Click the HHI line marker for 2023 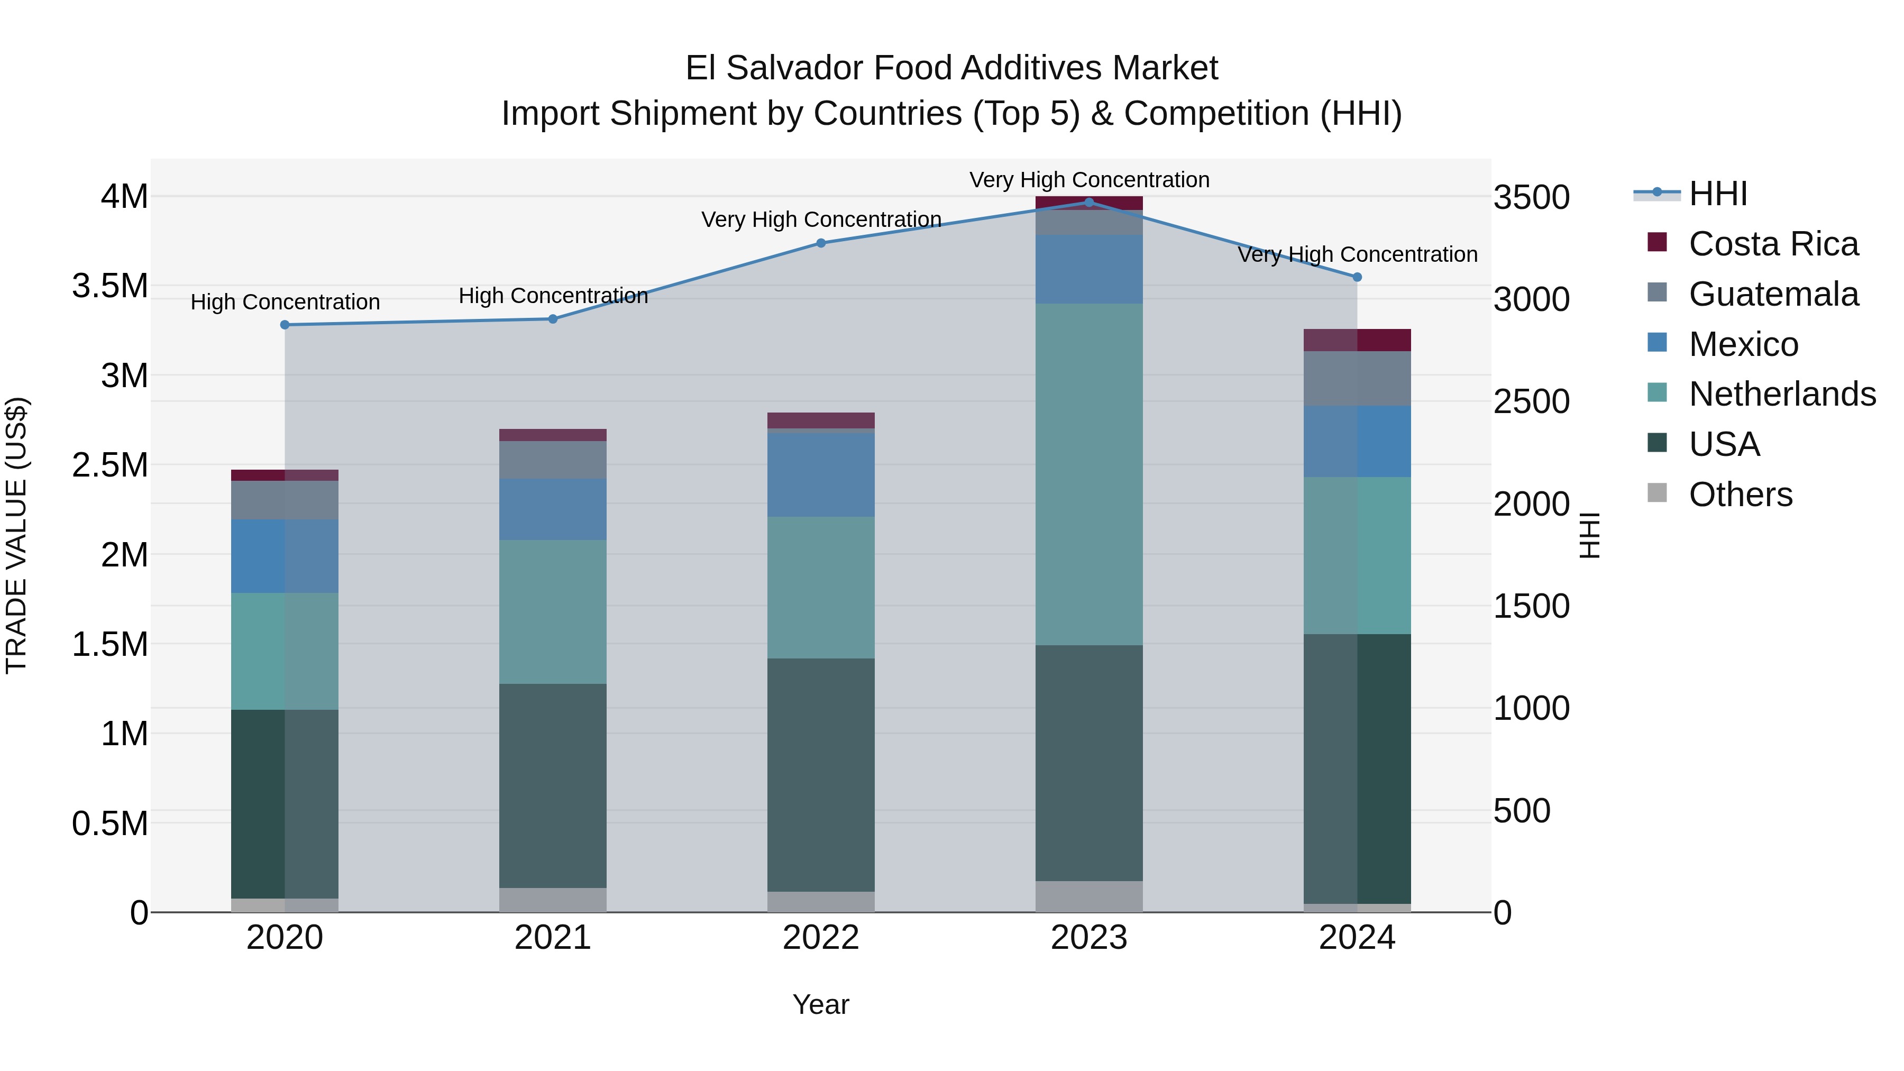click(1089, 202)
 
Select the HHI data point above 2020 click(285, 325)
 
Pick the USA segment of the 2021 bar click(553, 785)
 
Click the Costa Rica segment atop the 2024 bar click(1357, 340)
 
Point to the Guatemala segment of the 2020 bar click(285, 500)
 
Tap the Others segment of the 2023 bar click(1089, 896)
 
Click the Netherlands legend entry click(1782, 394)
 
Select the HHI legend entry click(1718, 194)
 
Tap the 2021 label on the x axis click(553, 938)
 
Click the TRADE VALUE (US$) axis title click(16, 535)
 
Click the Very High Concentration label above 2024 click(1357, 254)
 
